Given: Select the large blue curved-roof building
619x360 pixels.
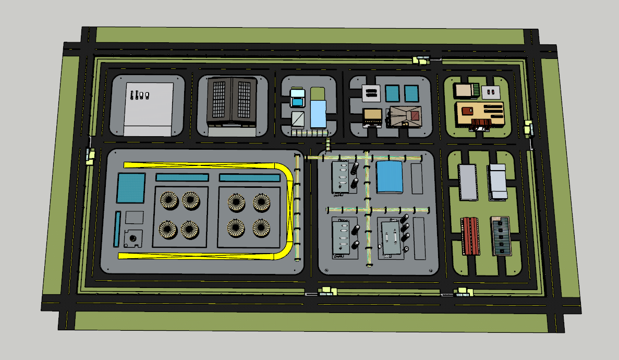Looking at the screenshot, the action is (x=390, y=177).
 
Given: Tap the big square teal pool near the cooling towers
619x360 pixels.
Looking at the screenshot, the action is (x=131, y=188).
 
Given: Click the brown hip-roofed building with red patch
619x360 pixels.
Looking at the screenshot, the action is (x=405, y=116).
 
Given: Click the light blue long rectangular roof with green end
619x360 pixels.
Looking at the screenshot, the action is (x=317, y=108).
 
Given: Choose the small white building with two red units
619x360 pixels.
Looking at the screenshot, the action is (x=489, y=92).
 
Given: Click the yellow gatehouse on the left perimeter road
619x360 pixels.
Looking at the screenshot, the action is (x=90, y=155).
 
